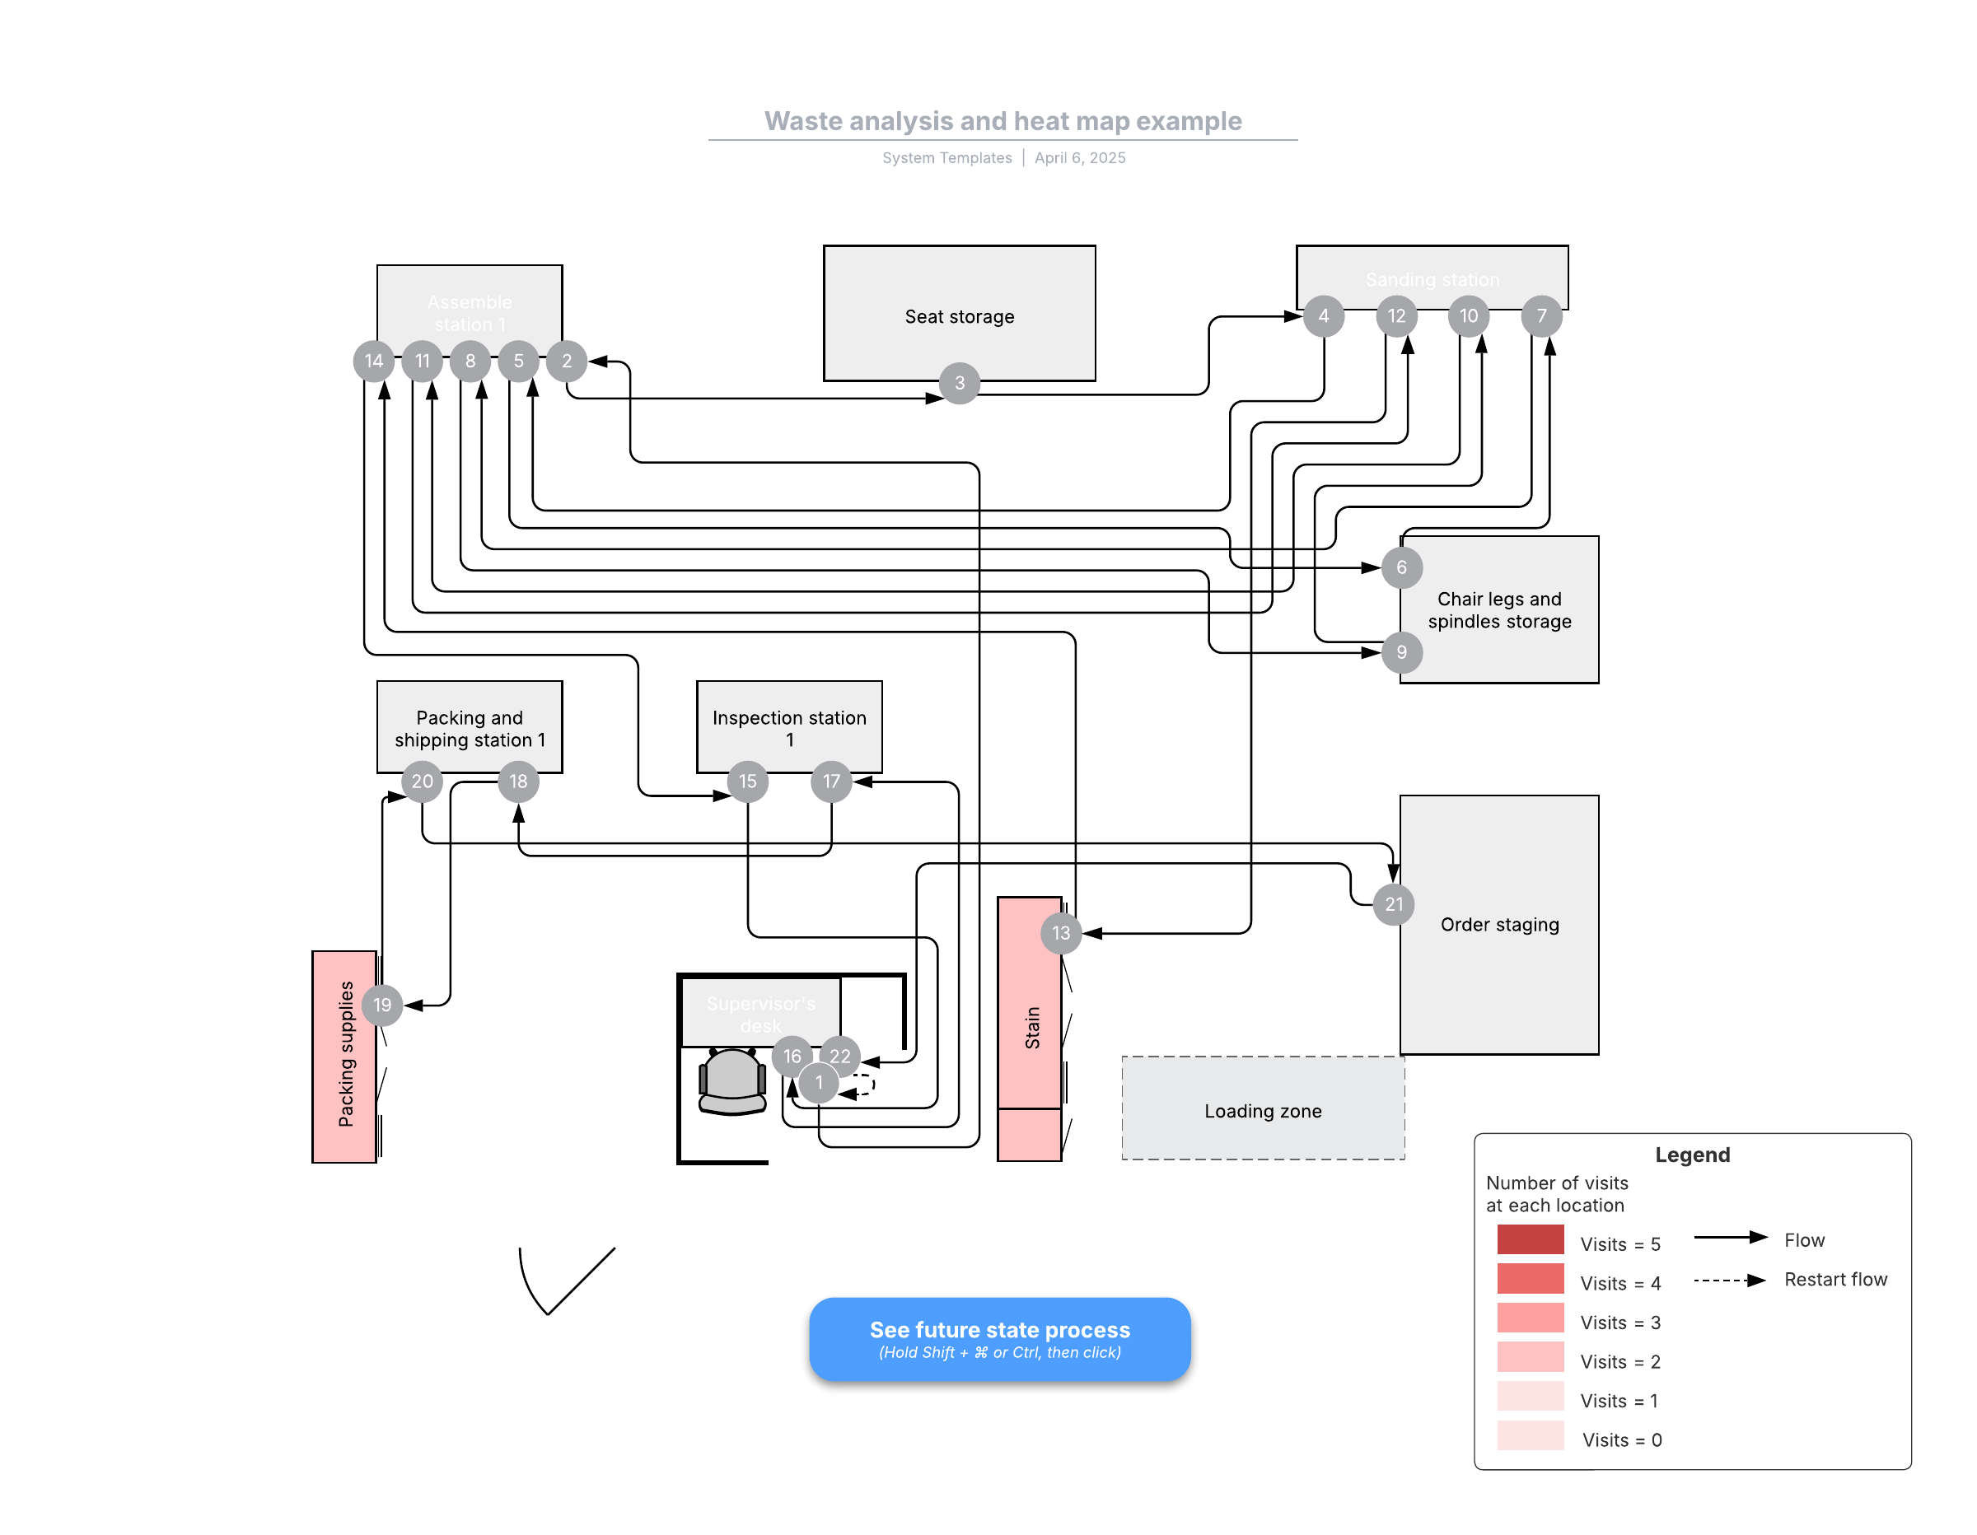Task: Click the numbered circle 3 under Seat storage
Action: click(x=960, y=383)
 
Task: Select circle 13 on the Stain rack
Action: click(x=1061, y=933)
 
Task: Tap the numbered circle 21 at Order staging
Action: click(x=1394, y=904)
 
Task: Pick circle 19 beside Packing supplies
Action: click(x=382, y=1005)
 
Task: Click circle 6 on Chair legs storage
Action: click(x=1401, y=567)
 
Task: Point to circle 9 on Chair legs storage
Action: click(x=1401, y=652)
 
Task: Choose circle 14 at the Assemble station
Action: click(x=373, y=362)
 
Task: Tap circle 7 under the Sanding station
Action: click(x=1541, y=316)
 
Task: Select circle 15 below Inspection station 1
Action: click(x=748, y=781)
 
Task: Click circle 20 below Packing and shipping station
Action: click(x=422, y=781)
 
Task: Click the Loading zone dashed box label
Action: click(x=1263, y=1112)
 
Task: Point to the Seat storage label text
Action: click(x=960, y=317)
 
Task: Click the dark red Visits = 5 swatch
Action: click(x=1530, y=1239)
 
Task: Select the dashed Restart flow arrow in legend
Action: click(x=1729, y=1281)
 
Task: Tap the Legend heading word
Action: click(x=1692, y=1155)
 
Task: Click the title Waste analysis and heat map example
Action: click(x=1003, y=121)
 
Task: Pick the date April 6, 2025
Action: click(x=1080, y=157)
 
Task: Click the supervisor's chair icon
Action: click(x=732, y=1081)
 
